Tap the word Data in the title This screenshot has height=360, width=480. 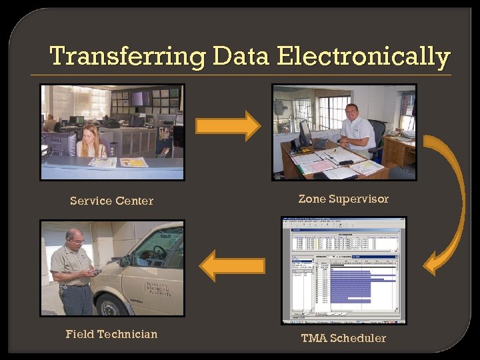[241, 57]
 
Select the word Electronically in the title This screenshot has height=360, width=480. [363, 57]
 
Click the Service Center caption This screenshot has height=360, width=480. [111, 201]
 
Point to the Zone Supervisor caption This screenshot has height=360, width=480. [343, 199]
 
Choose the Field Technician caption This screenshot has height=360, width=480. [111, 334]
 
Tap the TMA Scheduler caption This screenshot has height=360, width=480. [343, 338]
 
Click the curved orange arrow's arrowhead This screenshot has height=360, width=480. [433, 263]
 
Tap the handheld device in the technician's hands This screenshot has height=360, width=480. [95, 271]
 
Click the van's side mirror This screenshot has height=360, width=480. [125, 261]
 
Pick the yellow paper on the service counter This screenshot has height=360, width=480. [133, 162]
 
